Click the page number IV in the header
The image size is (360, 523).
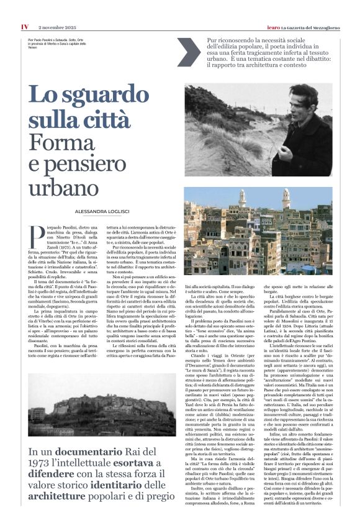click(24, 27)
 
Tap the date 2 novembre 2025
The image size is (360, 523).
click(57, 27)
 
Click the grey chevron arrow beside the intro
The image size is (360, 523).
click(189, 52)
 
